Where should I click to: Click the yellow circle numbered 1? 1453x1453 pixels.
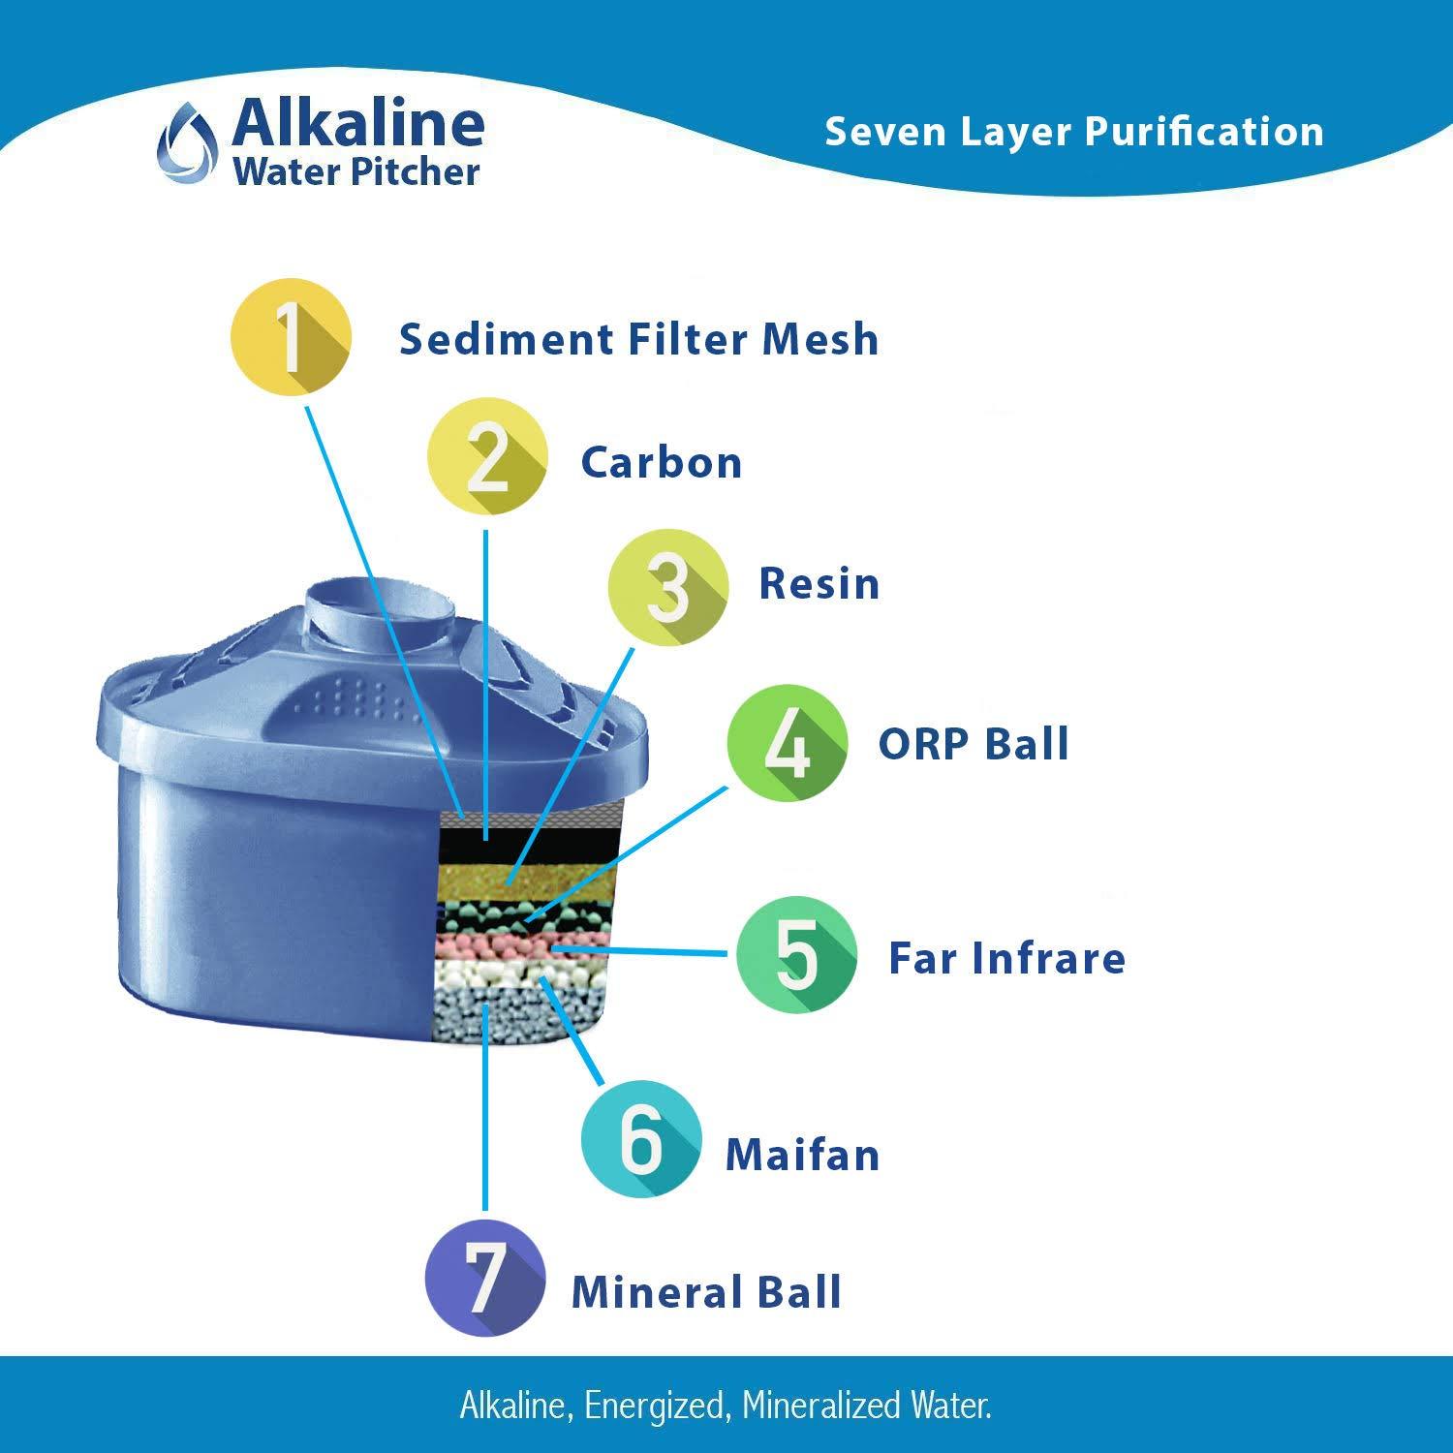click(291, 336)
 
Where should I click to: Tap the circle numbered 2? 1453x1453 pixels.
click(488, 458)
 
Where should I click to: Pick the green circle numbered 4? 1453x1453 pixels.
click(787, 743)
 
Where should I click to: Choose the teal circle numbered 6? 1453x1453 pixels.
click(640, 1139)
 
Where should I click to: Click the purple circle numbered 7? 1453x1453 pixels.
click(484, 1279)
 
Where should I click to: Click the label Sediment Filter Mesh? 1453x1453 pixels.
click(638, 340)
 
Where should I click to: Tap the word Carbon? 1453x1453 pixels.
click(661, 463)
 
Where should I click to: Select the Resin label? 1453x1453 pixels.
click(819, 584)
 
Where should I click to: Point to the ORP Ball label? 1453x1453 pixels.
click(973, 744)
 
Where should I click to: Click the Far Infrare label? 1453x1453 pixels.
click(1006, 958)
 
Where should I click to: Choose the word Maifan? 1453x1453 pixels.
click(802, 1155)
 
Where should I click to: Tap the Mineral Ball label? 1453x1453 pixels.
click(706, 1292)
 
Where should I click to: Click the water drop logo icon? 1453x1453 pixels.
click(186, 145)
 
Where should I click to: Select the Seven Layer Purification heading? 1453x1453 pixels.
click(1073, 132)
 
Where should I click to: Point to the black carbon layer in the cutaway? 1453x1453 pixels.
click(528, 846)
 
